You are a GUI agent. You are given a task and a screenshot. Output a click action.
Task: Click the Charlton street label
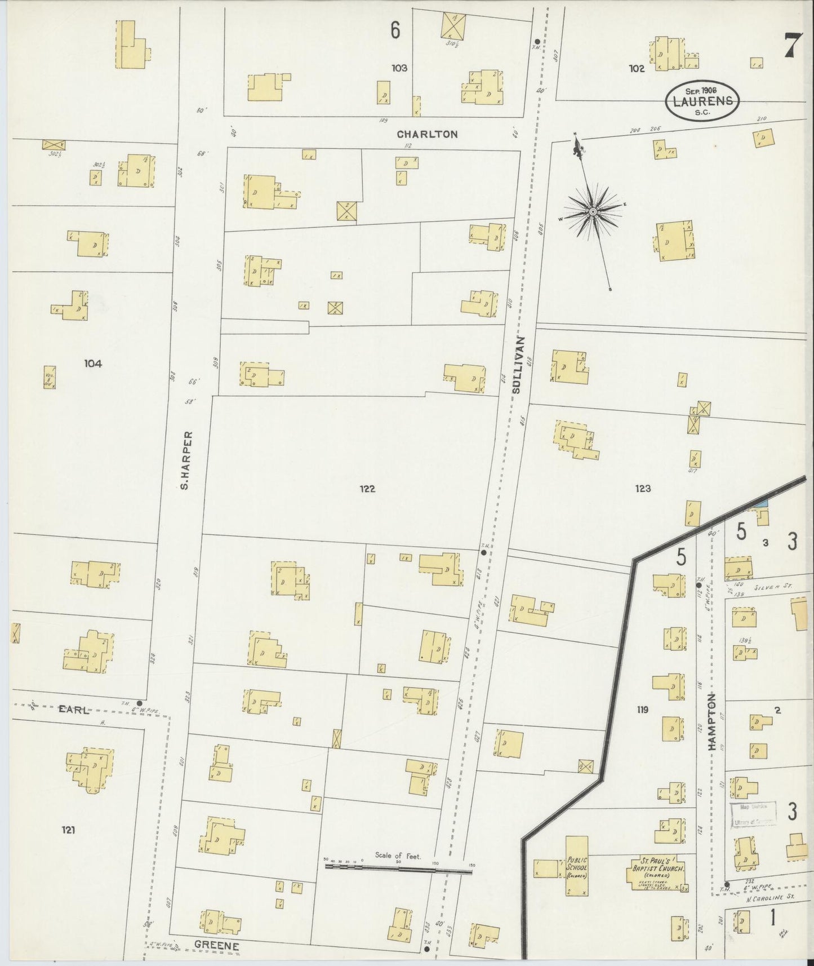click(426, 134)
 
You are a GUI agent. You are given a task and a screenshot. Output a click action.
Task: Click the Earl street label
click(74, 710)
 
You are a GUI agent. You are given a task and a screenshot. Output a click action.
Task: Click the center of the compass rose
click(593, 211)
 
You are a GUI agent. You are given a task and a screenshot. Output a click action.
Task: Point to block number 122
click(367, 489)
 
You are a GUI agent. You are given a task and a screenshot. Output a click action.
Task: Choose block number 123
click(642, 489)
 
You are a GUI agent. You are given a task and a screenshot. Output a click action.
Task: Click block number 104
click(92, 364)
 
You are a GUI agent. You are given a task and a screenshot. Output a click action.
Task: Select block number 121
click(70, 829)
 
